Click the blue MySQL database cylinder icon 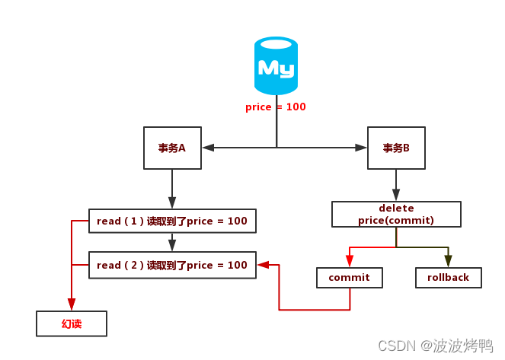coord(276,66)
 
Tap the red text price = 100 coord(276,107)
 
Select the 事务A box coord(172,148)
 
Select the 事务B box coord(395,148)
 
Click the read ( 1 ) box coord(172,221)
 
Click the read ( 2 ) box coord(172,265)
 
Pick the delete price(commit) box coord(396,214)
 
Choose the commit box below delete coord(350,278)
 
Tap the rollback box coord(449,278)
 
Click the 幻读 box coord(72,323)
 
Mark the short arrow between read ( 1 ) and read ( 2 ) coord(172,243)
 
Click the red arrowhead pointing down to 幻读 coord(72,305)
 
